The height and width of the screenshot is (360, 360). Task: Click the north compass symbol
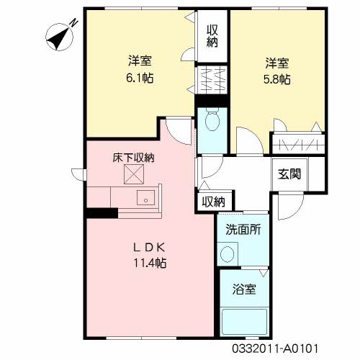click(59, 37)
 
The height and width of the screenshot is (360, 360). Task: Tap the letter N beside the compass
click(74, 22)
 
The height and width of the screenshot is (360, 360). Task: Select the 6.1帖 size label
click(140, 78)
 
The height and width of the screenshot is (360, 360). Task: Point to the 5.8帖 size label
click(277, 79)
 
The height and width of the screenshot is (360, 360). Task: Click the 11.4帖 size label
click(150, 263)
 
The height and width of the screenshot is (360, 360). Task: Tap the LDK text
click(149, 247)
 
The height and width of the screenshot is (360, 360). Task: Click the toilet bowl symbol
click(212, 120)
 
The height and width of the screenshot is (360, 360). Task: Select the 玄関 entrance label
click(289, 174)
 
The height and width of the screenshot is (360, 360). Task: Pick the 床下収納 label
click(133, 158)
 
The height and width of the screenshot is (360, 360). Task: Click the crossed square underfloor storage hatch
click(134, 174)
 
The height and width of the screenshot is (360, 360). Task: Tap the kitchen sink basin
click(145, 197)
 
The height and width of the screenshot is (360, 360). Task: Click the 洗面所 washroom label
click(243, 230)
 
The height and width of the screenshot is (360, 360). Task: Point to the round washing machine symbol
click(227, 254)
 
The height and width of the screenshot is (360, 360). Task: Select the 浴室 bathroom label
click(244, 289)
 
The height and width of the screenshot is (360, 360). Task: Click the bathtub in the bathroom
click(244, 322)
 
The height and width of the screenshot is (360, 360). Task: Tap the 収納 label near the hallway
click(213, 202)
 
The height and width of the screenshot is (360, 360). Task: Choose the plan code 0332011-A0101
click(275, 348)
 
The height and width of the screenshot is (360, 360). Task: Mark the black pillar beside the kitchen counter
click(102, 213)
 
